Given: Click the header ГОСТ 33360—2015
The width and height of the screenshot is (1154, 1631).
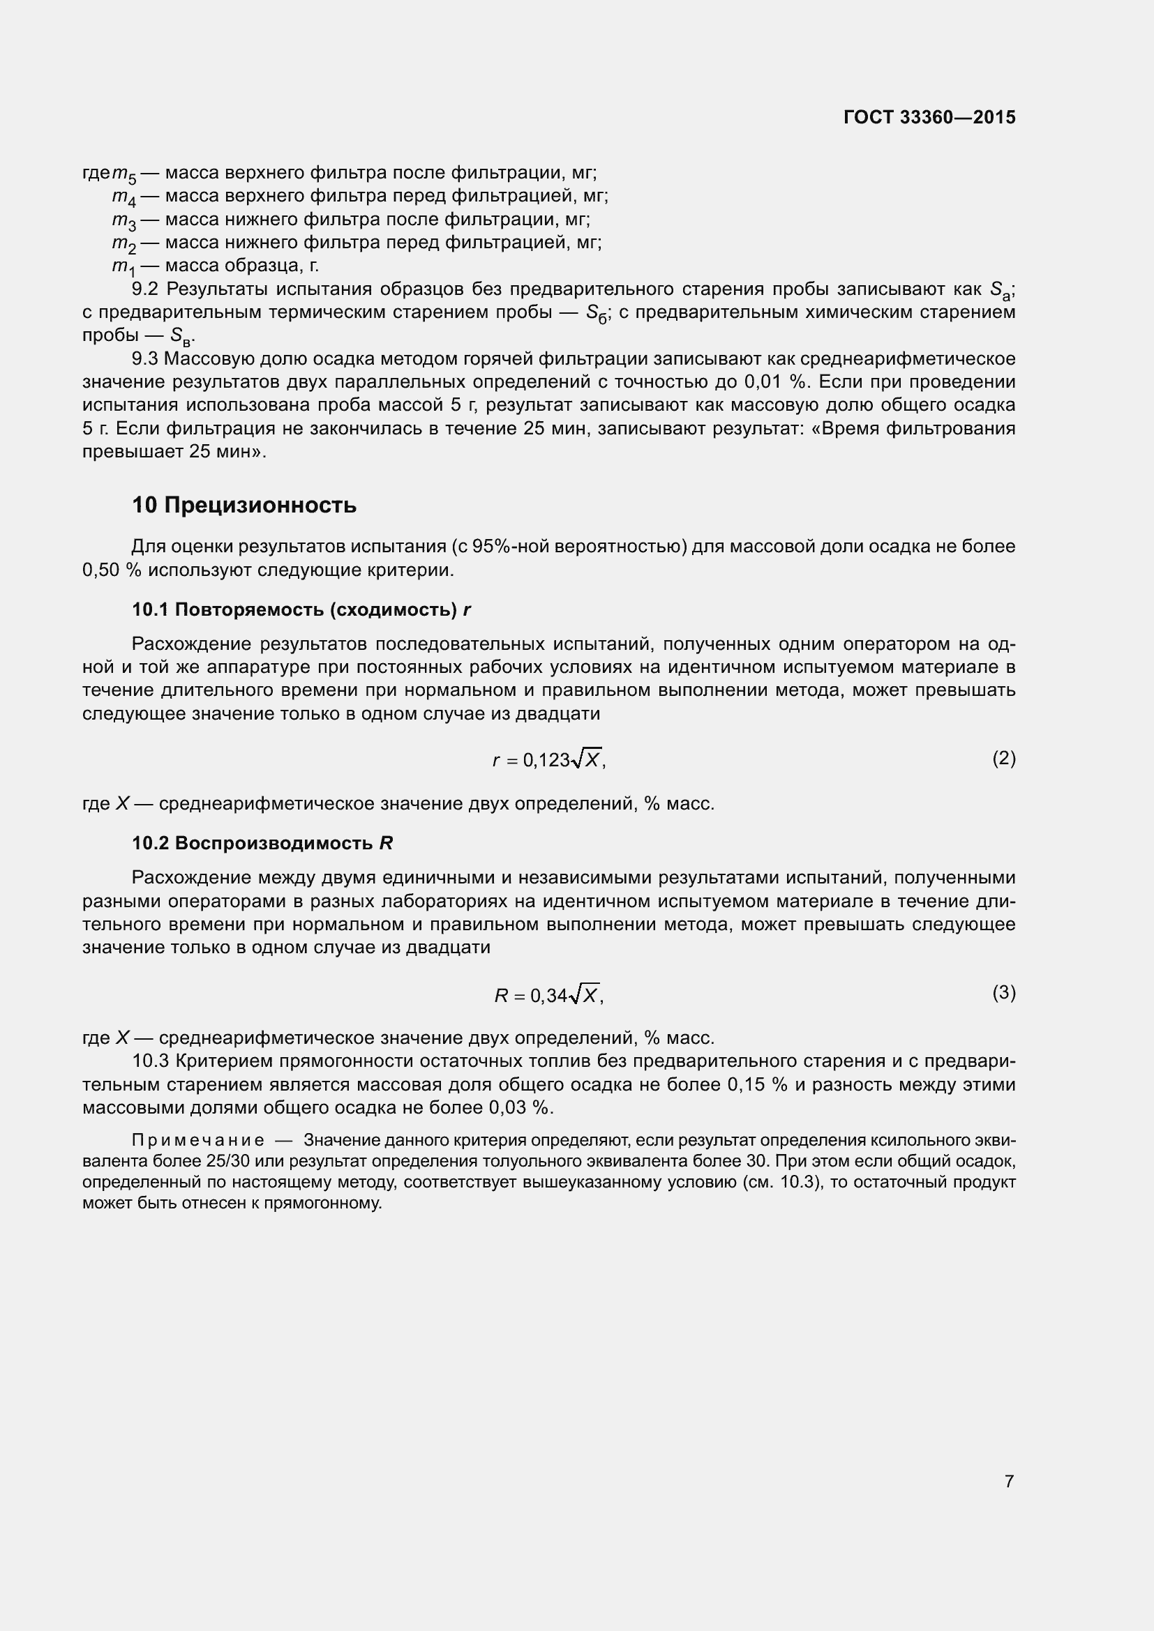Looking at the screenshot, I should (x=929, y=117).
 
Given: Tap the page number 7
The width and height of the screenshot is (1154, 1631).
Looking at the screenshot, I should (x=1009, y=1481).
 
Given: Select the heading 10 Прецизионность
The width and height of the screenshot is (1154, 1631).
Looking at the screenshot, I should (x=243, y=505).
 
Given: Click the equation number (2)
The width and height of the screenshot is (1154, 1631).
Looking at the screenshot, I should (x=1003, y=759).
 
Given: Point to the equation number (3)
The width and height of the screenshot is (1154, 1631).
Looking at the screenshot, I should (x=1003, y=992).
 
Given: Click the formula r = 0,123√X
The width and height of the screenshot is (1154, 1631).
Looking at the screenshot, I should (x=548, y=759).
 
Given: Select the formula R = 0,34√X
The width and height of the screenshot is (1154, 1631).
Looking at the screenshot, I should (x=548, y=994).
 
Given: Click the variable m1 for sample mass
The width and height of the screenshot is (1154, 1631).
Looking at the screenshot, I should (x=123, y=267).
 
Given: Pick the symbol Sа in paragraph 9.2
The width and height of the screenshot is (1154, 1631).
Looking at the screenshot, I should (x=1000, y=291).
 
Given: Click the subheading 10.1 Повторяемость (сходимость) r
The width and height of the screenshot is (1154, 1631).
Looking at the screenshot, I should (x=301, y=609).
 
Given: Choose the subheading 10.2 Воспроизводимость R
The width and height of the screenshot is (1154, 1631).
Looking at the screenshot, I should (x=262, y=843).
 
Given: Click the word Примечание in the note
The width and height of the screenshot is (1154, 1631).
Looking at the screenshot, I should (x=198, y=1140).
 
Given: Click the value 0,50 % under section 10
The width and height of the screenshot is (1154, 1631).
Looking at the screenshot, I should (x=112, y=570).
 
